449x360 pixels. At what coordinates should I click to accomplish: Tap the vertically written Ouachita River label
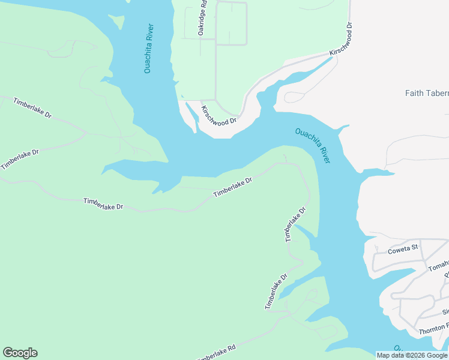(148, 49)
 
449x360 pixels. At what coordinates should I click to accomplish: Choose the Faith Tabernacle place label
(426, 93)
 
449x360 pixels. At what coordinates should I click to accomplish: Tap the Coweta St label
(397, 248)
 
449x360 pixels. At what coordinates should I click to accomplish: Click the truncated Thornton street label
(433, 328)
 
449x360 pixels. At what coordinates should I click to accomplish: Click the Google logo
(20, 353)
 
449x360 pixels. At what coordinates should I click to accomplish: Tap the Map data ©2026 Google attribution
(412, 355)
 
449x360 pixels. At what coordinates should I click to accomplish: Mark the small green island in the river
(118, 22)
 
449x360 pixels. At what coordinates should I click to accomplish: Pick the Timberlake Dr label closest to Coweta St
(295, 224)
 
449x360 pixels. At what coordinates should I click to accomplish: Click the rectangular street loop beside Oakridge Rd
(231, 24)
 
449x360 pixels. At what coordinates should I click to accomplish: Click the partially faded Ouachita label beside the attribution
(397, 349)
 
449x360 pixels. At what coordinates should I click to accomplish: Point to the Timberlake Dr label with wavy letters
(103, 205)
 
